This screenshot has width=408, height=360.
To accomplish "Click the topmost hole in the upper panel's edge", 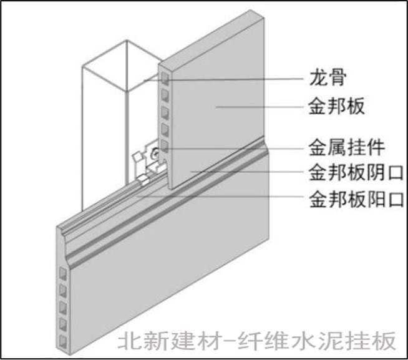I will click(x=165, y=80).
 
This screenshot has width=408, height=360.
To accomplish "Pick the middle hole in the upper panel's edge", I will click(x=165, y=113).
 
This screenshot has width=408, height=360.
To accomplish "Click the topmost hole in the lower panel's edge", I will click(x=64, y=274).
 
